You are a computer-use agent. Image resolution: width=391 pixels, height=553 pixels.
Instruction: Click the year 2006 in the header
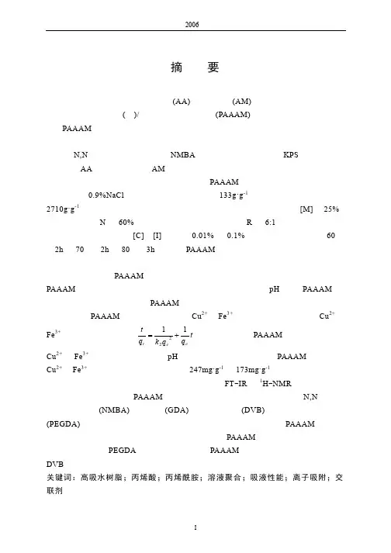(192, 24)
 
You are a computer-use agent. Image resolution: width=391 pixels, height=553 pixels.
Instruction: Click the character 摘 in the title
(177, 67)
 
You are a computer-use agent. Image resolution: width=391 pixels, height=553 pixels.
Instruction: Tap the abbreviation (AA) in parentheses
(182, 102)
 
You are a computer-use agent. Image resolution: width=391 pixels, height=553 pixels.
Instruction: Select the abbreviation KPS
(290, 155)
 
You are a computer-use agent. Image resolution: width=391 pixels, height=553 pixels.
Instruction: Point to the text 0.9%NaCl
(106, 195)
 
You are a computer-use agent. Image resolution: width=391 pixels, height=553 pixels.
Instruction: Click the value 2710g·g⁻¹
(63, 209)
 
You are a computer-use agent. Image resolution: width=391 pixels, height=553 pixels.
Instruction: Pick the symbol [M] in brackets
(306, 209)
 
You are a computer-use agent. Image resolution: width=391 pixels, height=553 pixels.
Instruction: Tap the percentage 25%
(331, 209)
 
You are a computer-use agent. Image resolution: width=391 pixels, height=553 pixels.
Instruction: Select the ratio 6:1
(270, 222)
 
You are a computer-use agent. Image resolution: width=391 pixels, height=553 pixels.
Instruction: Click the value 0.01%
(203, 236)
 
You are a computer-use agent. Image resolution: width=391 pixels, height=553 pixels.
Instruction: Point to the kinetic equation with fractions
(165, 336)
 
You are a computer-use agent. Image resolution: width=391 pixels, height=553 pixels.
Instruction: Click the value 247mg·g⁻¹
(206, 370)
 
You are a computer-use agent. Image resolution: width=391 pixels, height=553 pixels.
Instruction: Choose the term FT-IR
(235, 383)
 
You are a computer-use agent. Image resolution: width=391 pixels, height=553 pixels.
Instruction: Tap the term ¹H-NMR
(275, 383)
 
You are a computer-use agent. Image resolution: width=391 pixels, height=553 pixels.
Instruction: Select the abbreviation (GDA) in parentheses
(177, 410)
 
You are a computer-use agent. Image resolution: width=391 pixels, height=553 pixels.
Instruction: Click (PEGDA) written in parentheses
(63, 424)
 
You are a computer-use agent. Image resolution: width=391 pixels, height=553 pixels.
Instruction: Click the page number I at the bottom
(195, 527)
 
